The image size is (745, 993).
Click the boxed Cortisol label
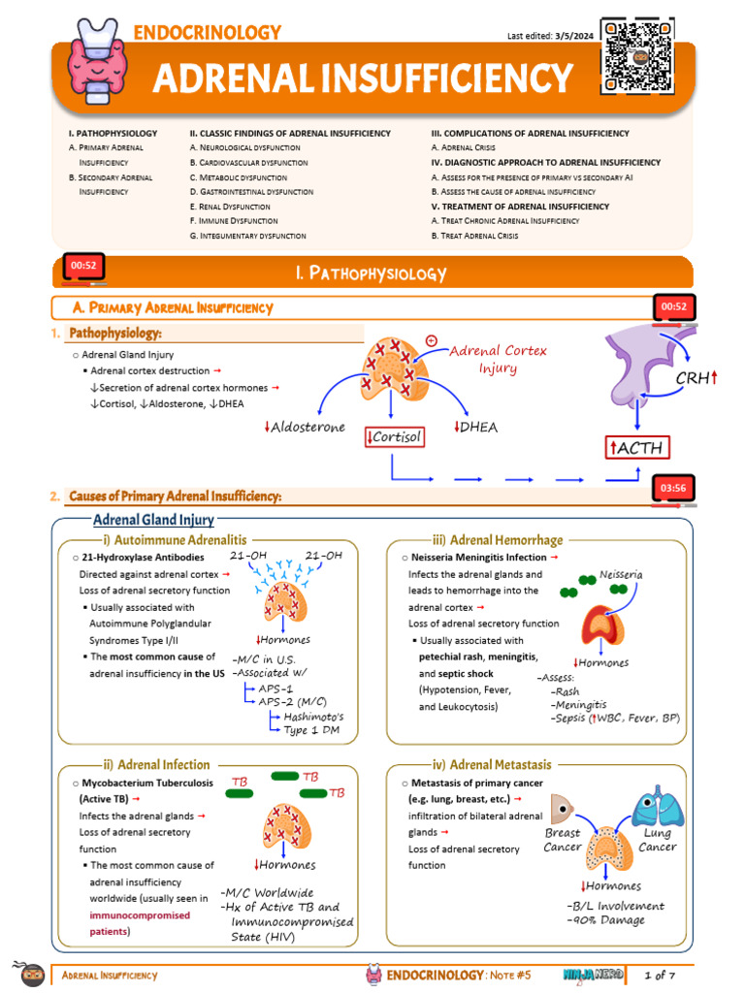tap(394, 437)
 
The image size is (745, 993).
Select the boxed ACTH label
tap(638, 448)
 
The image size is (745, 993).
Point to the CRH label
tap(696, 377)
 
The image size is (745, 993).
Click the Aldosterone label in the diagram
tap(305, 428)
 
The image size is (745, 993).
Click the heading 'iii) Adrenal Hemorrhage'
tap(499, 539)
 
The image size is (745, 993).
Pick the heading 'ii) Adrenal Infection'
tap(156, 765)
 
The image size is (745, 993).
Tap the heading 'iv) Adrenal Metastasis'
tap(499, 765)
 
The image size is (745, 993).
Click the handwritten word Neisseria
tap(621, 575)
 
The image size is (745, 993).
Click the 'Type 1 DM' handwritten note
tap(312, 730)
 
